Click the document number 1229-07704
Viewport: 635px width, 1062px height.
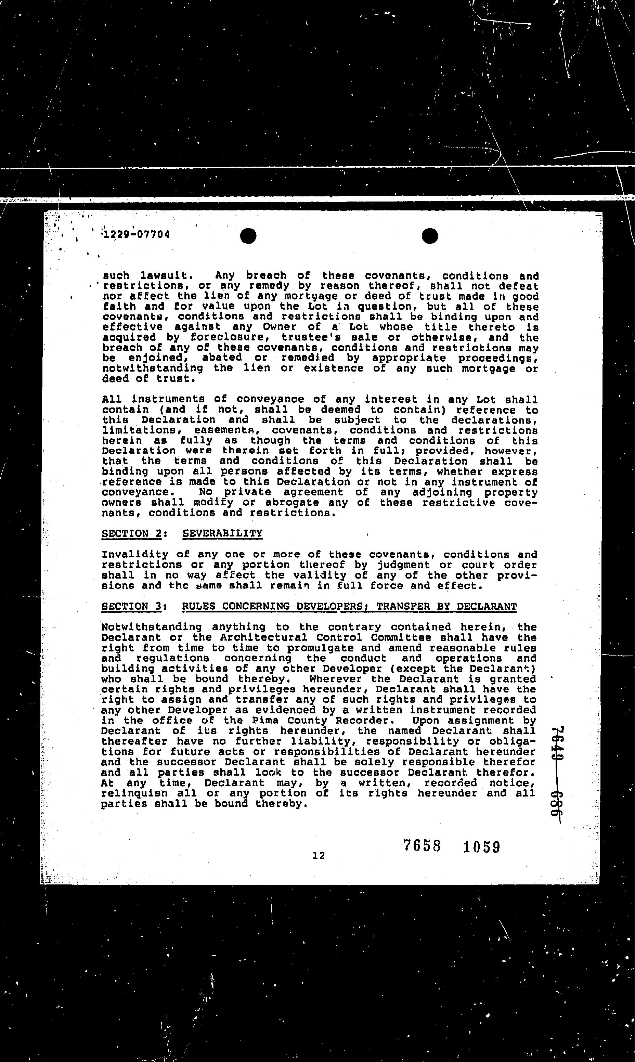tap(135, 234)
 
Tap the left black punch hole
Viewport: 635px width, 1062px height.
tap(248, 236)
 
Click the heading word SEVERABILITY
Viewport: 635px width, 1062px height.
tap(222, 533)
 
